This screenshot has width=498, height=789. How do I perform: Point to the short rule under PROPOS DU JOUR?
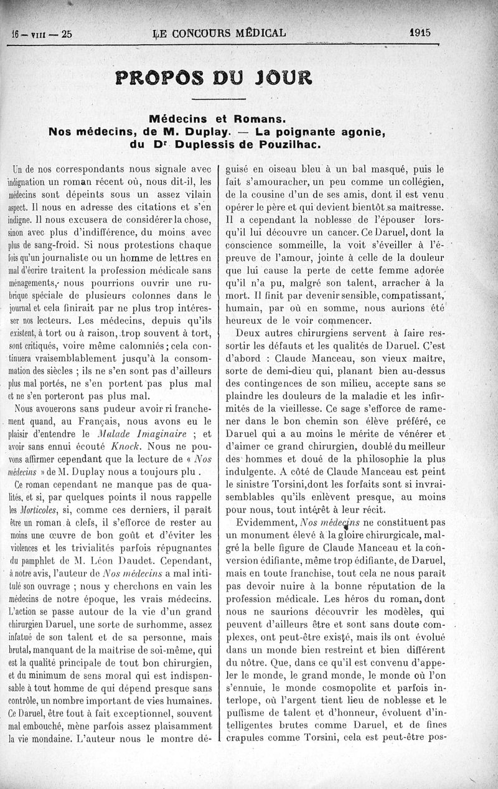211,100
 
